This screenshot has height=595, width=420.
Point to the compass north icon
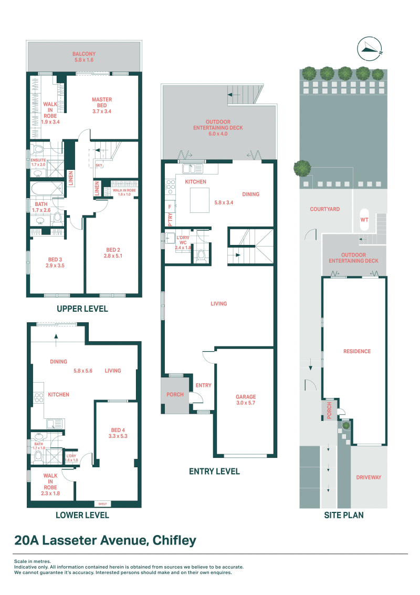[x=371, y=49]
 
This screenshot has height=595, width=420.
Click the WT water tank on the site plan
[x=363, y=221]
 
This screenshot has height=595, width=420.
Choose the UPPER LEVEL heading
[x=82, y=309]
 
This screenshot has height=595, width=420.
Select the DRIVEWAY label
[x=369, y=477]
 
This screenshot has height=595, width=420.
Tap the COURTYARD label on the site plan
[x=324, y=209]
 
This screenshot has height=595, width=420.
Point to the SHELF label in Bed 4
[x=102, y=504]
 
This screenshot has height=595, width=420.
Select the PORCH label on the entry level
[x=175, y=394]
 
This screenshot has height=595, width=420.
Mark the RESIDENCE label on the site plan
[x=357, y=352]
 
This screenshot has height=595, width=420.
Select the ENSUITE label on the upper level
[x=38, y=159]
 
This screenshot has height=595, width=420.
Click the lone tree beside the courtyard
[x=302, y=168]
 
